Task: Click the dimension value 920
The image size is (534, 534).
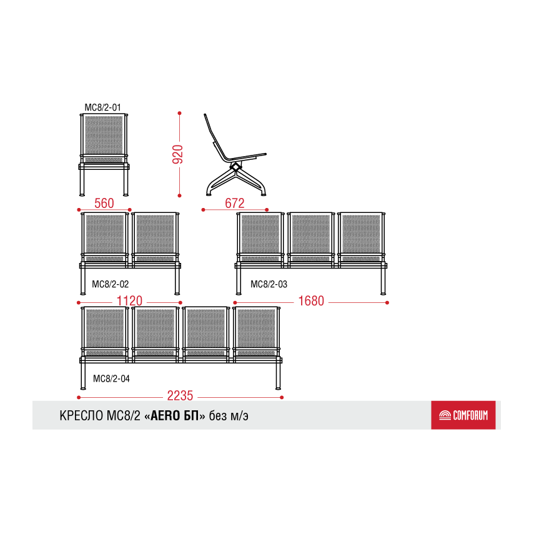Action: click(178, 154)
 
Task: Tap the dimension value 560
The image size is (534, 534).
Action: click(104, 204)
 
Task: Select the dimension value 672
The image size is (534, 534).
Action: click(235, 204)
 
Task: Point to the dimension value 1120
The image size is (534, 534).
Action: click(129, 301)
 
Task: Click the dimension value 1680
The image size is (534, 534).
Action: click(311, 301)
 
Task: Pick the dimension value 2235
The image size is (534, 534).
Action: click(180, 396)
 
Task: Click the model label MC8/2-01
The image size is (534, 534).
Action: click(102, 107)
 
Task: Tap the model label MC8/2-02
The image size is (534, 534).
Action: click(111, 284)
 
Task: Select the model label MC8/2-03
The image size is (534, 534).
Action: click(269, 284)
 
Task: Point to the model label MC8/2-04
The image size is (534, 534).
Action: click(111, 378)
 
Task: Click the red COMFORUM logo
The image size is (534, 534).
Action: click(463, 415)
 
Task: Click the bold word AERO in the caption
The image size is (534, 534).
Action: click(165, 416)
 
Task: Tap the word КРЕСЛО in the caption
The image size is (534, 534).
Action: click(81, 416)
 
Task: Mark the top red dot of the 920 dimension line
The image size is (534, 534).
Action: click(179, 113)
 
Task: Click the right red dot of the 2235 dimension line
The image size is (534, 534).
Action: click(282, 397)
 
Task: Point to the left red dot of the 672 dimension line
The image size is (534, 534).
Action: click(204, 210)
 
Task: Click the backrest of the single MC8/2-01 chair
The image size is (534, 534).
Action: click(104, 135)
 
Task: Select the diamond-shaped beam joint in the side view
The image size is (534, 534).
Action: click(235, 167)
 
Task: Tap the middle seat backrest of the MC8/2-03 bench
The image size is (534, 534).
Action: click(311, 234)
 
